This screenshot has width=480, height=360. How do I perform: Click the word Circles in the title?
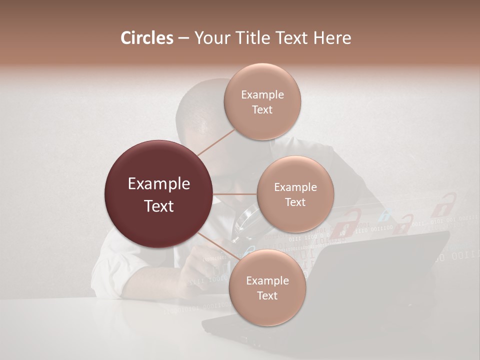(146, 38)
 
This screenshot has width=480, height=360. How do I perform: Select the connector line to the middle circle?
(235, 194)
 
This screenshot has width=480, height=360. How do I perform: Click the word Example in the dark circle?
(159, 184)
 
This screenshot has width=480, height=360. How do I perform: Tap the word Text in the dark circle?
(159, 206)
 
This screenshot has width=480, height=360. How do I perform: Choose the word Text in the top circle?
(262, 110)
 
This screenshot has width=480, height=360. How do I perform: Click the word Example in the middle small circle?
(295, 187)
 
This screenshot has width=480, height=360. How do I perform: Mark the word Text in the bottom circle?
(267, 296)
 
